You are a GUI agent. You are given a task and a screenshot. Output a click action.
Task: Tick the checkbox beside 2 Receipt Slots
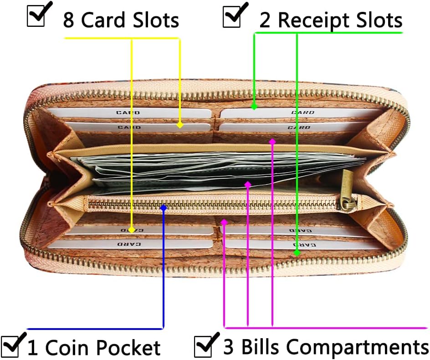(x=232, y=17)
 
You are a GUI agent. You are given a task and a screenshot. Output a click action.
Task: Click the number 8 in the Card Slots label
(x=68, y=20)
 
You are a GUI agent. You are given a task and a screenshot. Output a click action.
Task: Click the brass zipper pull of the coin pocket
(x=347, y=192)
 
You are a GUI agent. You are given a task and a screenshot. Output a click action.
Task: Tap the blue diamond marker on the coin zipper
(x=164, y=208)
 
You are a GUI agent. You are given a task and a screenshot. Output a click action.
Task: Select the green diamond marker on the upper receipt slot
(x=254, y=106)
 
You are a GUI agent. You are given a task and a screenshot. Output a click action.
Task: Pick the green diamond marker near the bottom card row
(x=297, y=253)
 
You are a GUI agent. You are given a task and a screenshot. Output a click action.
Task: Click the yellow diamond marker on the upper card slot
(x=179, y=125)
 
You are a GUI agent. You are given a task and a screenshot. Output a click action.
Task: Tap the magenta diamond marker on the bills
(x=248, y=184)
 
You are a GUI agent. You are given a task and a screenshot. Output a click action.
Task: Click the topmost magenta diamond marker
(x=272, y=142)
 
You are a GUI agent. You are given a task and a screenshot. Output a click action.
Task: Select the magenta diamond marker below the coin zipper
(x=224, y=222)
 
